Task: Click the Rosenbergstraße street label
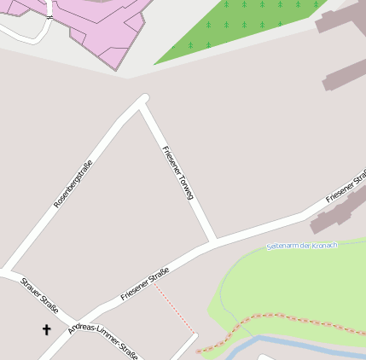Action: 73,178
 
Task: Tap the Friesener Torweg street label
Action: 178,172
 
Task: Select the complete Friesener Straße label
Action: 145,284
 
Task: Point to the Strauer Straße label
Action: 39,295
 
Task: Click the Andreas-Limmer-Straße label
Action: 103,340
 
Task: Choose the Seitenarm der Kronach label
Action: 301,246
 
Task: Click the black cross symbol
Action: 46,329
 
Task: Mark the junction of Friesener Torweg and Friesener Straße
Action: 213,241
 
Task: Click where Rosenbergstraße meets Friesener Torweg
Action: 142,102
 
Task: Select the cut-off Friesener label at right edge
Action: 346,187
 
